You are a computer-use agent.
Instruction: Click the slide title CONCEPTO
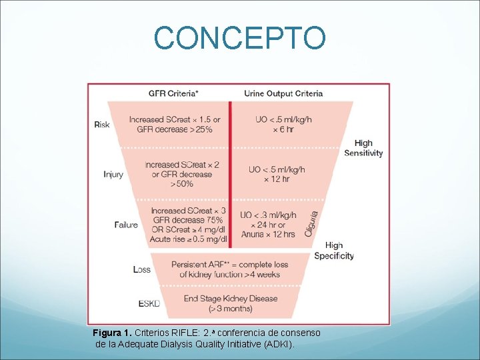click(240, 38)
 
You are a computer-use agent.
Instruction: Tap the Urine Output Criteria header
click(283, 93)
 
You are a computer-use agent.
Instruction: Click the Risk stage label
click(102, 125)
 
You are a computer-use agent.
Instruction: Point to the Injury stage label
click(113, 174)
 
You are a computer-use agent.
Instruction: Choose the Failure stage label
click(126, 225)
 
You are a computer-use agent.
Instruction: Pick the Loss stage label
click(142, 269)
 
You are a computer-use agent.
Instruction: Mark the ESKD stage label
click(149, 303)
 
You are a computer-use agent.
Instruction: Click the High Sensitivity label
click(363, 148)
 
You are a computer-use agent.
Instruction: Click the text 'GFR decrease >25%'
click(175, 129)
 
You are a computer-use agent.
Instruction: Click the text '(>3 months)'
click(231, 309)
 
